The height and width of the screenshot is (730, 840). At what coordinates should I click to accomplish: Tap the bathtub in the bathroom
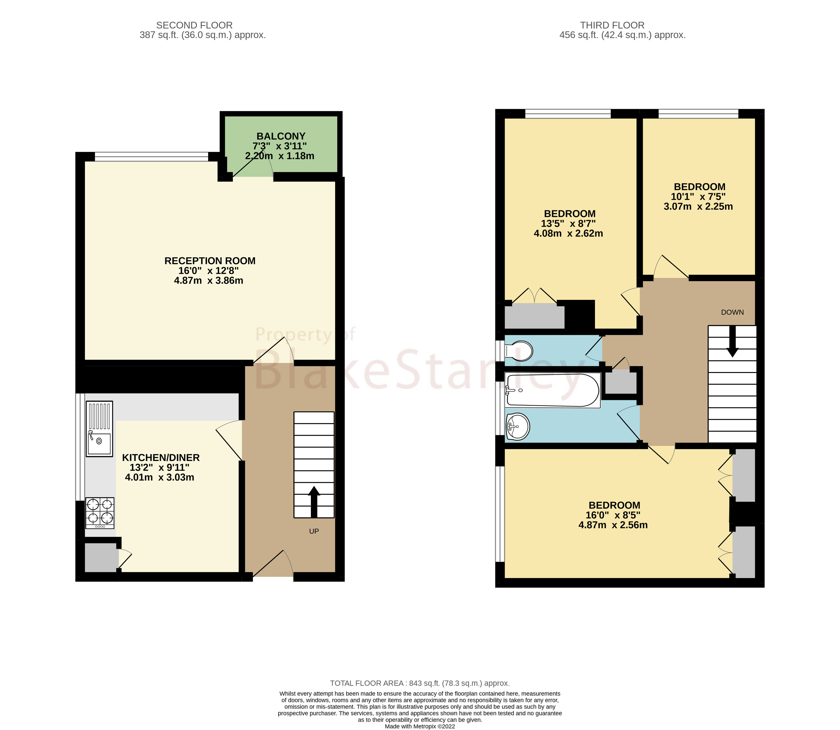[x=553, y=390]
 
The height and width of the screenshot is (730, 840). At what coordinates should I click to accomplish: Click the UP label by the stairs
[x=314, y=531]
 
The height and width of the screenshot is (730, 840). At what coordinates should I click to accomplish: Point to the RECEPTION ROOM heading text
[x=210, y=261]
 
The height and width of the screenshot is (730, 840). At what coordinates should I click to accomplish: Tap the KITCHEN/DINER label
[x=161, y=458]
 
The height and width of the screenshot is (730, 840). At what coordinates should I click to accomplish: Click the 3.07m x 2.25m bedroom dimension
[x=698, y=207]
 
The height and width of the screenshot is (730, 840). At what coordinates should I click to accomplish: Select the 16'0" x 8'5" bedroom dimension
[x=613, y=515]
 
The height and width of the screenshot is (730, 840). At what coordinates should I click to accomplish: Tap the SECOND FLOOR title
[x=194, y=25]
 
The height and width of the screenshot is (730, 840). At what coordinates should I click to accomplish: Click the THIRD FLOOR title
[x=612, y=25]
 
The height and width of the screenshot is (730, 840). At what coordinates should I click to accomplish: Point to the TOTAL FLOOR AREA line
[x=420, y=683]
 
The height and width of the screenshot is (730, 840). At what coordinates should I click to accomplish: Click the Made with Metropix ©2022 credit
[x=420, y=726]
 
